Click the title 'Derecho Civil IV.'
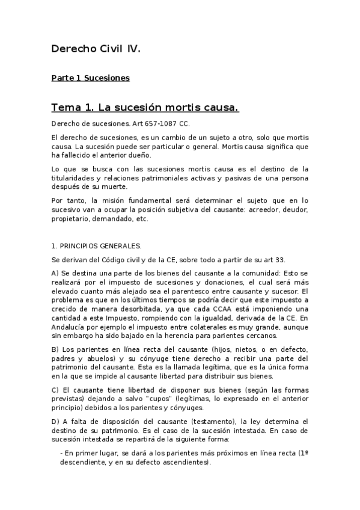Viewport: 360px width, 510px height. (96, 49)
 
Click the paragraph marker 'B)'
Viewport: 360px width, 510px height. (55, 350)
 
